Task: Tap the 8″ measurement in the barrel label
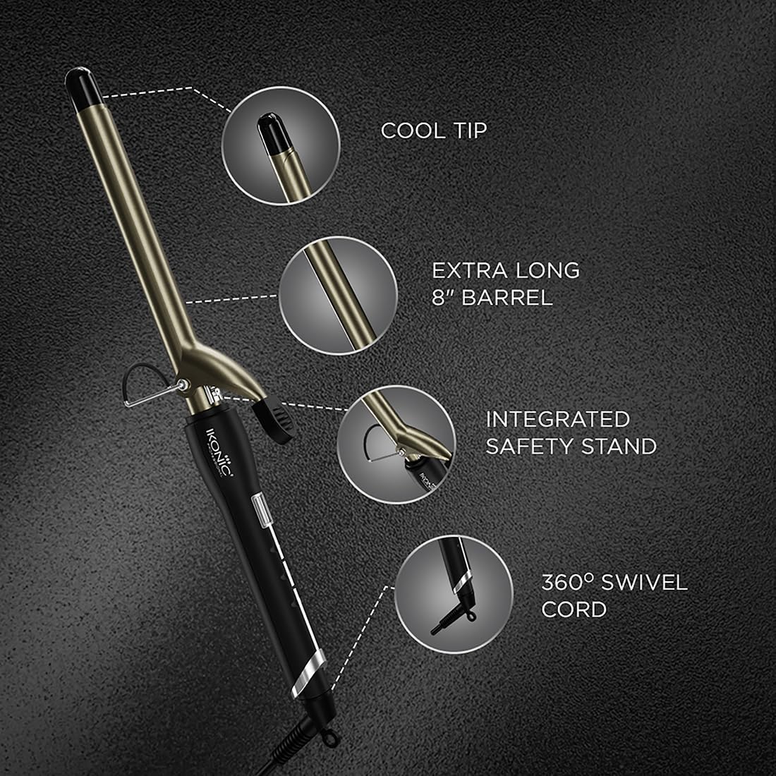(x=444, y=297)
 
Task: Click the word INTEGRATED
(x=557, y=419)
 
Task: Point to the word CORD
(x=574, y=609)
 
